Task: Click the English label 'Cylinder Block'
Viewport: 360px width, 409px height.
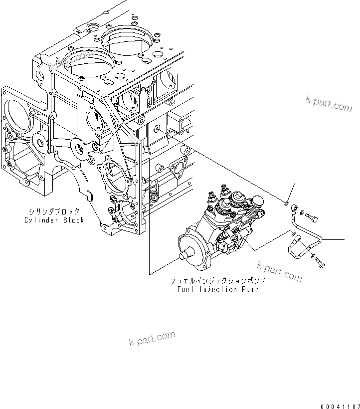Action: pyautogui.click(x=54, y=220)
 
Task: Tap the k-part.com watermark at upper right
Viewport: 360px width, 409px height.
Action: pyautogui.click(x=329, y=103)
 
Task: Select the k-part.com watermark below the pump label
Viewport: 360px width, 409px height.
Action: pyautogui.click(x=279, y=270)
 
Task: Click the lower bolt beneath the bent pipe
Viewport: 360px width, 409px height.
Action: pyautogui.click(x=321, y=263)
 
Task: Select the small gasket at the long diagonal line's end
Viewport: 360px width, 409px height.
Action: pyautogui.click(x=286, y=202)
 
